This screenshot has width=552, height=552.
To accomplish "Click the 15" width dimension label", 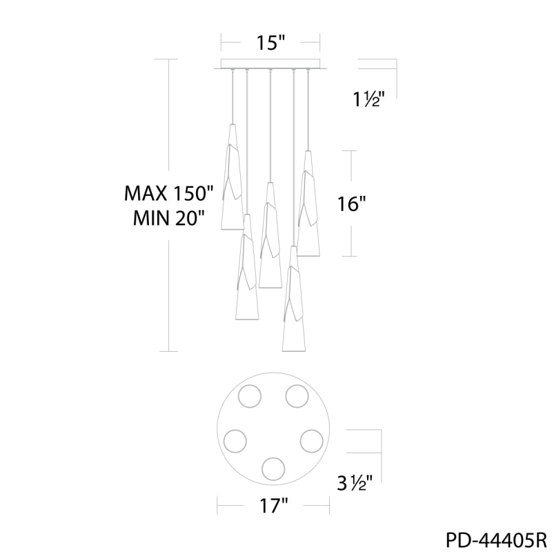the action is pyautogui.click(x=270, y=43).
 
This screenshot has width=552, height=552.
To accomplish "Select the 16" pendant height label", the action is pyautogui.click(x=352, y=204).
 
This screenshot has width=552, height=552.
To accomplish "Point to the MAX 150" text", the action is pyautogui.click(x=169, y=193).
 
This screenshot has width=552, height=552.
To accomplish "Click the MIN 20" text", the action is pyautogui.click(x=169, y=219).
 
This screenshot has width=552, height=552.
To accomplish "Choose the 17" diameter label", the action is pyautogui.click(x=273, y=506).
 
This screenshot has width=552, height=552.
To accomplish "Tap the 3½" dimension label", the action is pyautogui.click(x=355, y=483).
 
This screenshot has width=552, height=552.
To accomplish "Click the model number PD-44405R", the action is pyautogui.click(x=496, y=540).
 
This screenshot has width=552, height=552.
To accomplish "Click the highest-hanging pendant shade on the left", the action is pyautogui.click(x=232, y=177).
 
